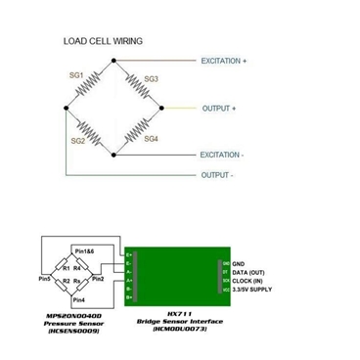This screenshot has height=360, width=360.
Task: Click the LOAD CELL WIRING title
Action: coord(103,41)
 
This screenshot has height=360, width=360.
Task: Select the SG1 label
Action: coord(76,73)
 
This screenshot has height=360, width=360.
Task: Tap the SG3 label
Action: coord(151,78)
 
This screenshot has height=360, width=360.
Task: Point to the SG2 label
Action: coord(77,141)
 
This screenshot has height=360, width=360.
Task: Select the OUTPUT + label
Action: coord(219,108)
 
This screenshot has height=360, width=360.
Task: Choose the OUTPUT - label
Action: coord(217,175)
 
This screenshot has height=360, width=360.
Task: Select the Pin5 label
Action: coord(44,280)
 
